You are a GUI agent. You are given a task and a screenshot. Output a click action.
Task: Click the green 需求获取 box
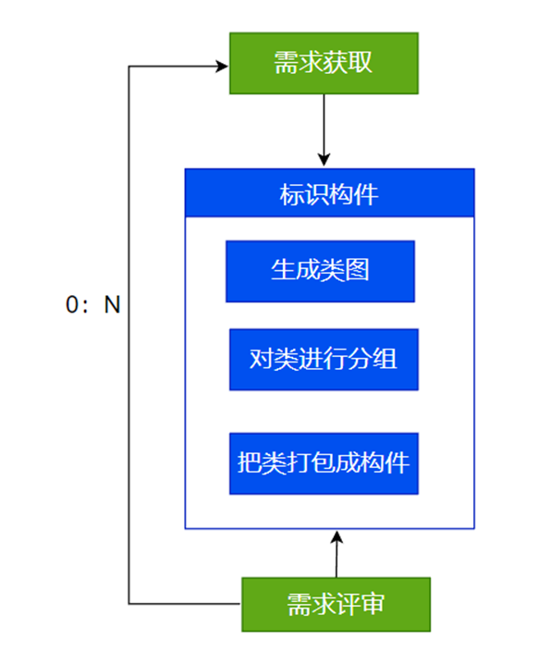pyautogui.click(x=324, y=63)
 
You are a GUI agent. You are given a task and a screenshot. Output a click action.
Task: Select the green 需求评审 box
pyautogui.click(x=336, y=605)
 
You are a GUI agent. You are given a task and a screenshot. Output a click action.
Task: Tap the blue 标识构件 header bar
pyautogui.click(x=329, y=194)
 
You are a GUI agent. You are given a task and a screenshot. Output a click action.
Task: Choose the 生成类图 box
pyautogui.click(x=320, y=271)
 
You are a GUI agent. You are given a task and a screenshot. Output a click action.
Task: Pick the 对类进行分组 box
pyautogui.click(x=324, y=359)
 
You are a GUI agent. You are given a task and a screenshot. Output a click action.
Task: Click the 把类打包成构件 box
pyautogui.click(x=324, y=462)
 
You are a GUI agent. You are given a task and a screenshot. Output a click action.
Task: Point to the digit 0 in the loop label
pyautogui.click(x=72, y=305)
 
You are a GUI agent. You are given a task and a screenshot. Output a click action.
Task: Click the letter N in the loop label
pyautogui.click(x=112, y=305)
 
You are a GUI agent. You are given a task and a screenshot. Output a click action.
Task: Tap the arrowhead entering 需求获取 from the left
pyautogui.click(x=222, y=66)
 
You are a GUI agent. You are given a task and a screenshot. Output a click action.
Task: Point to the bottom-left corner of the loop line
pyautogui.click(x=129, y=604)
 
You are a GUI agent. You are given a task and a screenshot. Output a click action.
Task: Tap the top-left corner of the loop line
pyautogui.click(x=129, y=66)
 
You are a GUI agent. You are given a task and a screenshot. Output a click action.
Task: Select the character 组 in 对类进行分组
pyautogui.click(x=386, y=359)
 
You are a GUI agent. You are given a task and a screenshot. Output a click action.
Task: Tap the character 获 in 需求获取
pyautogui.click(x=336, y=63)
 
